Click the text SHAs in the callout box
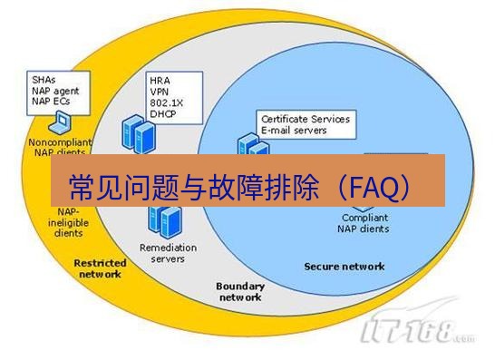[x=42, y=80]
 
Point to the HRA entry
[x=160, y=81]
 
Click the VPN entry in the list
[x=160, y=92]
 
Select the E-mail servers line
[x=296, y=131]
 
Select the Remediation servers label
[x=162, y=252]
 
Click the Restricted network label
[x=101, y=268]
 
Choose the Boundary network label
[x=239, y=291]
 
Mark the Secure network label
[x=344, y=267]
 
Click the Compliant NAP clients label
[x=365, y=223]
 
